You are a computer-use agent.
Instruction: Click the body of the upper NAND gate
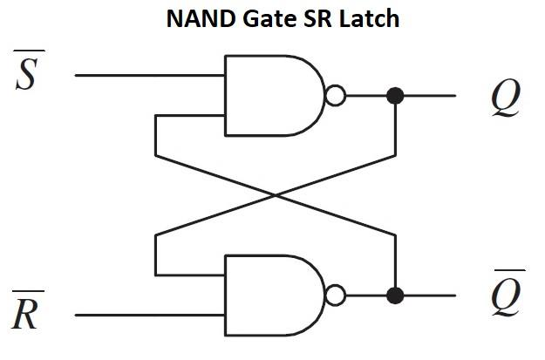pyautogui.click(x=266, y=96)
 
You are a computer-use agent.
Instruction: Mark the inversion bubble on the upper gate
pyautogui.click(x=334, y=96)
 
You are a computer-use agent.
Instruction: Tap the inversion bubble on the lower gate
pyautogui.click(x=334, y=295)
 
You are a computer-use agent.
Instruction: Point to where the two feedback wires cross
pyautogui.click(x=275, y=196)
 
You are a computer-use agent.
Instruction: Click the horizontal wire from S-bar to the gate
pyautogui.click(x=148, y=75)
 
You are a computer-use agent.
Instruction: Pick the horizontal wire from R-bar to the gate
pyautogui.click(x=148, y=316)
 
